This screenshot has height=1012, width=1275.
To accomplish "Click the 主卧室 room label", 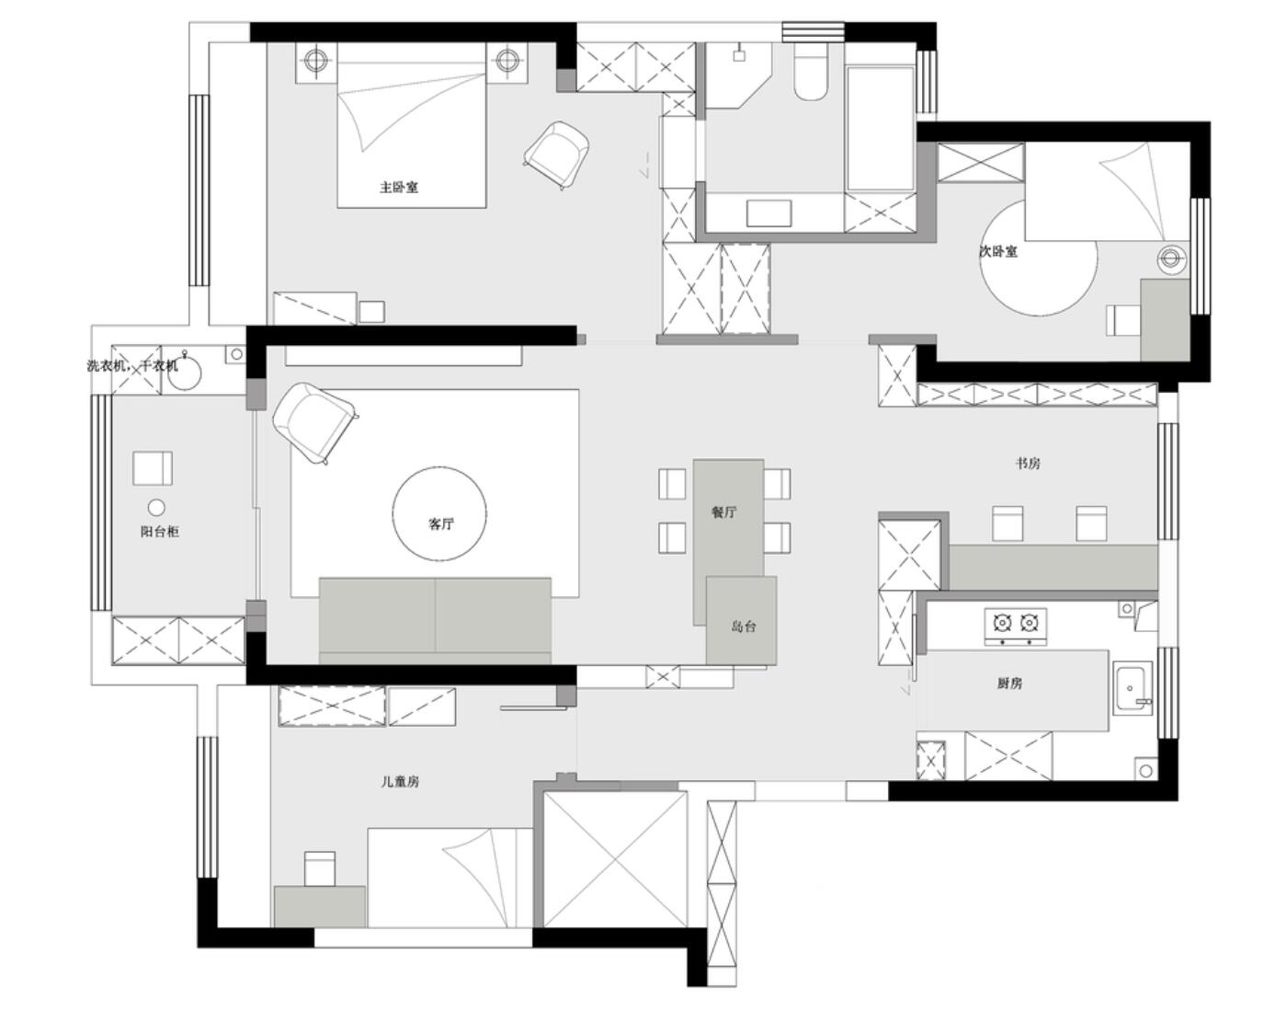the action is tap(399, 188).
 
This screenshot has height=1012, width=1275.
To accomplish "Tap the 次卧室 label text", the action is tap(998, 251).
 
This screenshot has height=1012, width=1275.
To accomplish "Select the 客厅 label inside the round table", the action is tap(440, 523).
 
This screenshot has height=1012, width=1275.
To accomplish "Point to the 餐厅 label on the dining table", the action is tap(723, 512).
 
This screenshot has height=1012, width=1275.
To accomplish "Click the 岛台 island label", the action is tap(743, 627).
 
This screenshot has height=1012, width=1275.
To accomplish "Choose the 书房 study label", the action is tap(1028, 464).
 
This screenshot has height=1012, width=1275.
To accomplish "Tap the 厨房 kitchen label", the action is tap(1009, 684).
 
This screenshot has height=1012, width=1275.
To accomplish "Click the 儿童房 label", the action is tap(399, 782).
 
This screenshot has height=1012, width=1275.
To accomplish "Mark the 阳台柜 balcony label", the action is tap(159, 532).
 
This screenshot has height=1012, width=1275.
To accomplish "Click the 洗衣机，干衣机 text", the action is tap(132, 365).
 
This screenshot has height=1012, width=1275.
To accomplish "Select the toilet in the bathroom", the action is tap(810, 73).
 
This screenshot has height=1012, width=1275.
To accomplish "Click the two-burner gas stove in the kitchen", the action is tap(1016, 627).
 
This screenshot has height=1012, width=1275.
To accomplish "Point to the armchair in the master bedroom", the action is tap(556, 155).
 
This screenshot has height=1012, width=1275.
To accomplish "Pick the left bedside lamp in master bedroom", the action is tap(316, 60).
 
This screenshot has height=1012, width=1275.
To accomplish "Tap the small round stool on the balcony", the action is tap(156, 508).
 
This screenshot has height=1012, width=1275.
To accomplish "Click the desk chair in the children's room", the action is tap(319, 869).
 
